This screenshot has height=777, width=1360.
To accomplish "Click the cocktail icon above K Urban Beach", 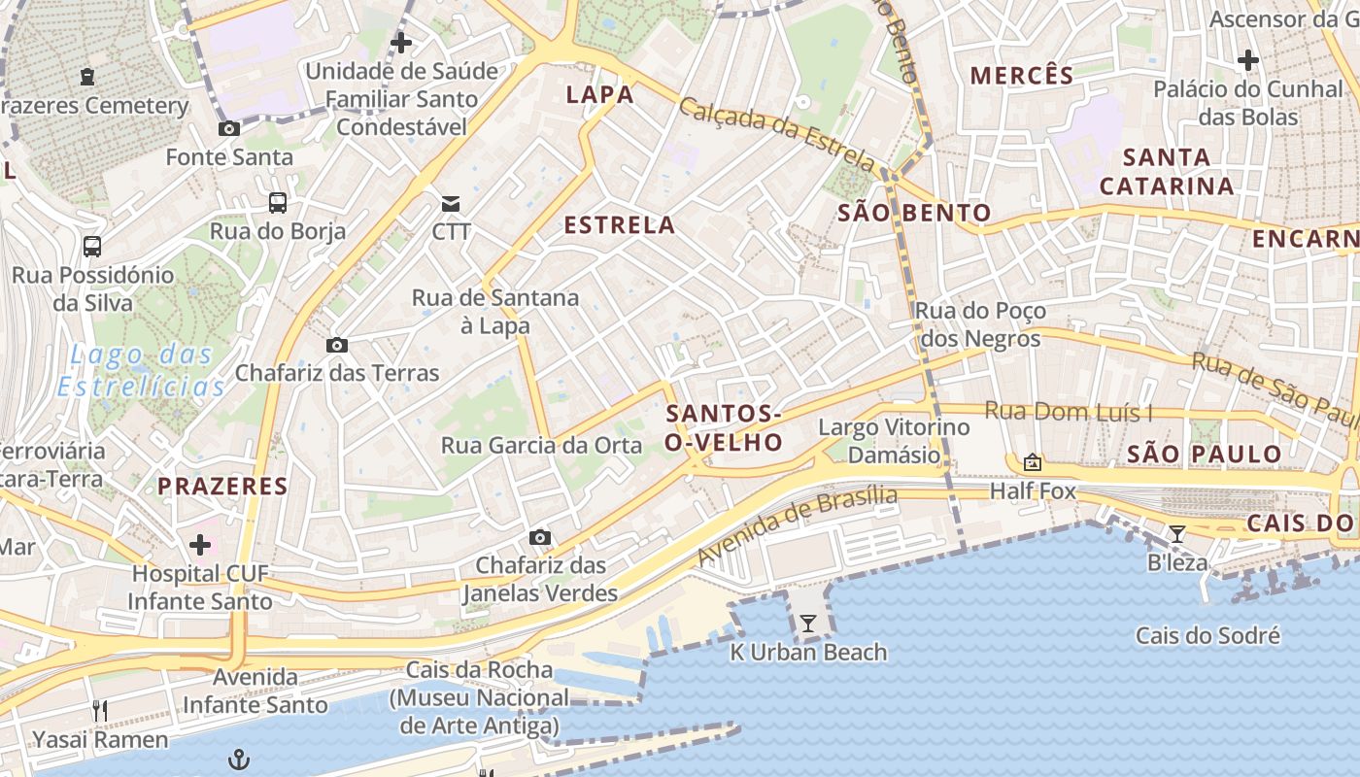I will (807, 624).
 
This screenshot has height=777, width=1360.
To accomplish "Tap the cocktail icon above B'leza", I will (1177, 533).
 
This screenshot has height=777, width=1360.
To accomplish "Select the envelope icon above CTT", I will (451, 203).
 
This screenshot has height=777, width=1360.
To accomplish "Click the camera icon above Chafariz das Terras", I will (337, 345).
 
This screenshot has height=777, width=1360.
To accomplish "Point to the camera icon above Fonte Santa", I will (229, 129).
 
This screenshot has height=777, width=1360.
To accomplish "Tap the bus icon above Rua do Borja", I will (278, 203).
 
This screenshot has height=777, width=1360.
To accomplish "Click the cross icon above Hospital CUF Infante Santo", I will (200, 545).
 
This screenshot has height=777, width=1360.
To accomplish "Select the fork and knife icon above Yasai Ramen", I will (100, 711).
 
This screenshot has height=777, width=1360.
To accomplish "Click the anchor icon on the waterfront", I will (239, 760).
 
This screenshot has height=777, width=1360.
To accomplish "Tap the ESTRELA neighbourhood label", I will (619, 225).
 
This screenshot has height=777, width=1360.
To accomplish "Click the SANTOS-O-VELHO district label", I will (724, 428).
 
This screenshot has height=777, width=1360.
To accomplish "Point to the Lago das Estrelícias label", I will (141, 371).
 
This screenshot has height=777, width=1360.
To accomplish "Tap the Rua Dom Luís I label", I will (1069, 412).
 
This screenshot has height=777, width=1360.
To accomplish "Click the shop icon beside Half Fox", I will (1033, 462).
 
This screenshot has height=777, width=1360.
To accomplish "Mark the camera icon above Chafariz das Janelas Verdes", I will (540, 537).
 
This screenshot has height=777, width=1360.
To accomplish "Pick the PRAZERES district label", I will (222, 487).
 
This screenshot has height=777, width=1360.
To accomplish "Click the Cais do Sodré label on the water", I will (1207, 636).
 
